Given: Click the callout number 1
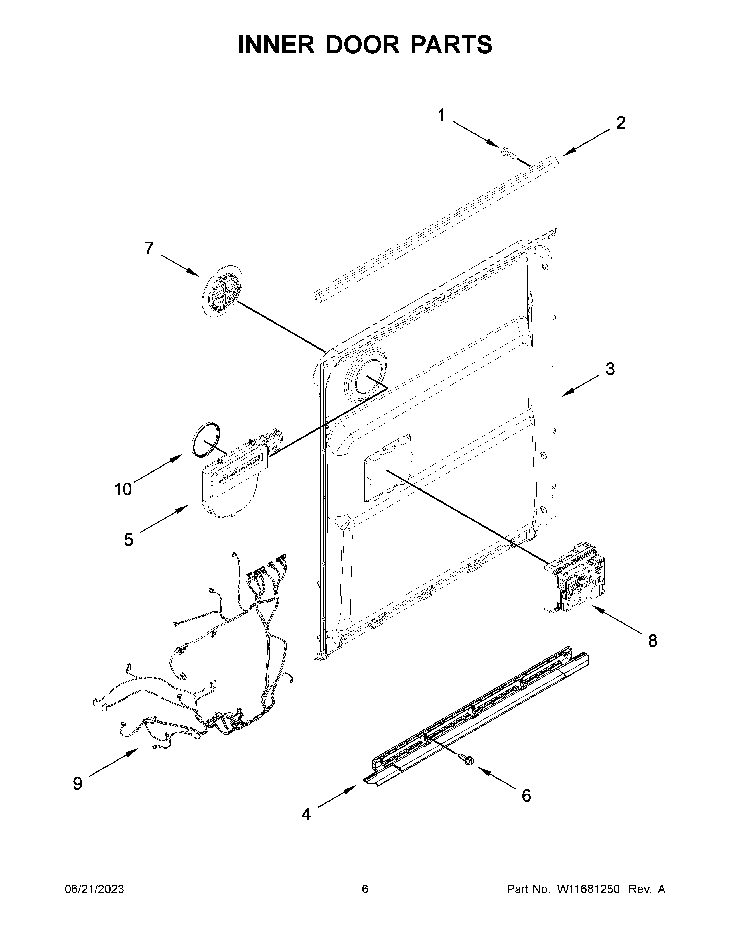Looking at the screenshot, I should tap(441, 104).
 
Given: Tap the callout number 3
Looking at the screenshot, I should tap(610, 369).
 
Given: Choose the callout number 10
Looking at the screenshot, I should tap(123, 489).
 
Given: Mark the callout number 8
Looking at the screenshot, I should tap(653, 641).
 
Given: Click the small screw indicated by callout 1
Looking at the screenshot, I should tap(509, 153).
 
